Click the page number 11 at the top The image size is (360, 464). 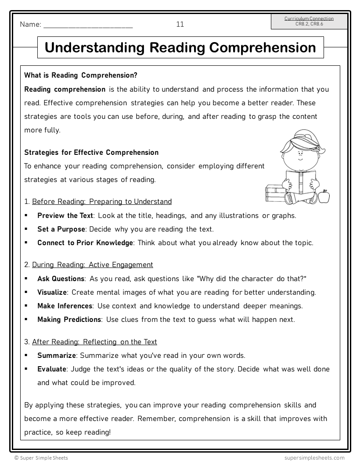pos(180,25)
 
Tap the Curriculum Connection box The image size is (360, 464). pos(309,21)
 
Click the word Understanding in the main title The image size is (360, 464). pos(95,47)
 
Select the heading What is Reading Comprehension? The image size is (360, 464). pos(81,75)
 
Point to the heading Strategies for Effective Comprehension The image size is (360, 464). pos(91,153)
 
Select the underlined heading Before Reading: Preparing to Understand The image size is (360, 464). pos(102,202)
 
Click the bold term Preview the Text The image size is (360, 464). pos(65,216)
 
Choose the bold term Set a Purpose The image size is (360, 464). pos(61,229)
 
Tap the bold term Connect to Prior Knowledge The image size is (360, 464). pos(85,243)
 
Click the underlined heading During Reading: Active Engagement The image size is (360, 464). pos(93,265)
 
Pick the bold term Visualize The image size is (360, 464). pos(52,293)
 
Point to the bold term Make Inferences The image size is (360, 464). pos(65,306)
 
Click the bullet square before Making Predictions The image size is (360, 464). pos(26,319)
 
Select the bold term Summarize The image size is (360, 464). pos(57,355)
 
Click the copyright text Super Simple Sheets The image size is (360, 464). pos(41,458)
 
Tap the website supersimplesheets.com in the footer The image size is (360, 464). pos(314,458)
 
